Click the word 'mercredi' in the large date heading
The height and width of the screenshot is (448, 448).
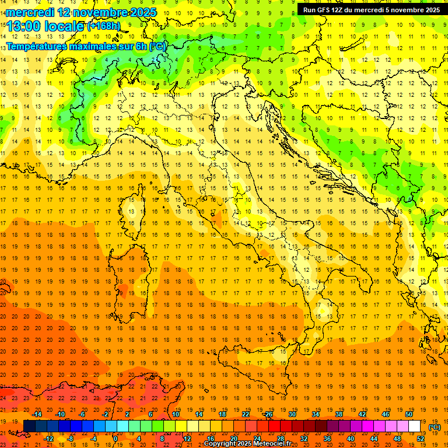click(30, 12)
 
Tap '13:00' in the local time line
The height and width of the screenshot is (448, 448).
click(24, 26)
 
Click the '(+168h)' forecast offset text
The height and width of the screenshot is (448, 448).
click(103, 26)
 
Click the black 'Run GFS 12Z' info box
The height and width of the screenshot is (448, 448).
click(370, 10)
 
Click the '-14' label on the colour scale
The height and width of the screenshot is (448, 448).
click(37, 414)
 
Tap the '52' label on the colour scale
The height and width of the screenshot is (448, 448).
click(420, 439)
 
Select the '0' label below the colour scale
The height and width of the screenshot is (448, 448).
click(116, 439)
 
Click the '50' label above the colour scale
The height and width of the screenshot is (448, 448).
click(408, 414)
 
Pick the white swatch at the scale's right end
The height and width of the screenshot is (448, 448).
click(414, 426)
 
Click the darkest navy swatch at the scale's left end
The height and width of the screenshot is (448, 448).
click(29, 426)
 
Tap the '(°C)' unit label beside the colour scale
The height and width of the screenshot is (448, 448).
click(435, 427)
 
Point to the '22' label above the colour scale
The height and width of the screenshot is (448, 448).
click(246, 414)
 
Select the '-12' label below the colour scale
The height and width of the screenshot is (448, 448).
click(48, 439)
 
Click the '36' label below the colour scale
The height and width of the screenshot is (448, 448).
click(327, 439)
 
